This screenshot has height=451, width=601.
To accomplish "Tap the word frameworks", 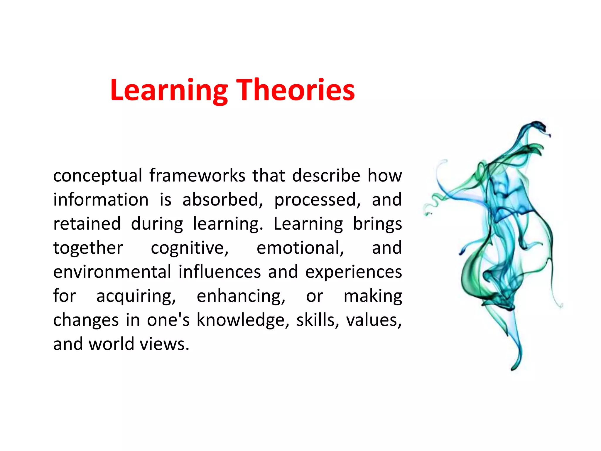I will [197, 176].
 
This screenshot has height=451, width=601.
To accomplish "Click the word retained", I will [87, 224].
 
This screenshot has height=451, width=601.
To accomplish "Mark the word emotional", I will [300, 248].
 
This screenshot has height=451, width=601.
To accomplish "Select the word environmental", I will [112, 272].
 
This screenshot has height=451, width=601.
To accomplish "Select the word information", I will [101, 200].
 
